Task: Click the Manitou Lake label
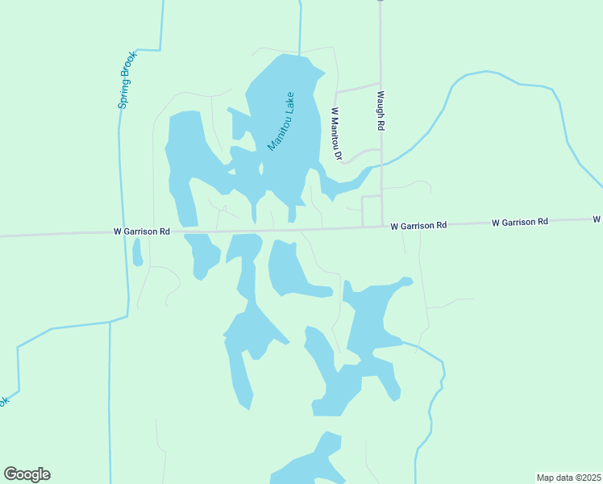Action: coord(281,121)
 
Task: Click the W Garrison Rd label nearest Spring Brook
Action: coord(142,232)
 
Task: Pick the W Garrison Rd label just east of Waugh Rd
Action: coord(418,227)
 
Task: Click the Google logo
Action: coord(27,474)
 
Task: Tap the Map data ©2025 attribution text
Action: coord(569,477)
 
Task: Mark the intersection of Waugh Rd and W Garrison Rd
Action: coord(381,227)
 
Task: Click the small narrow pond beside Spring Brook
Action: coord(137,252)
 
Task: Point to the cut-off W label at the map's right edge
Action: coord(597,219)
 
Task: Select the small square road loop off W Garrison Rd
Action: coord(372,211)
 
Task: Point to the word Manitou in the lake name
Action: coord(277,132)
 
